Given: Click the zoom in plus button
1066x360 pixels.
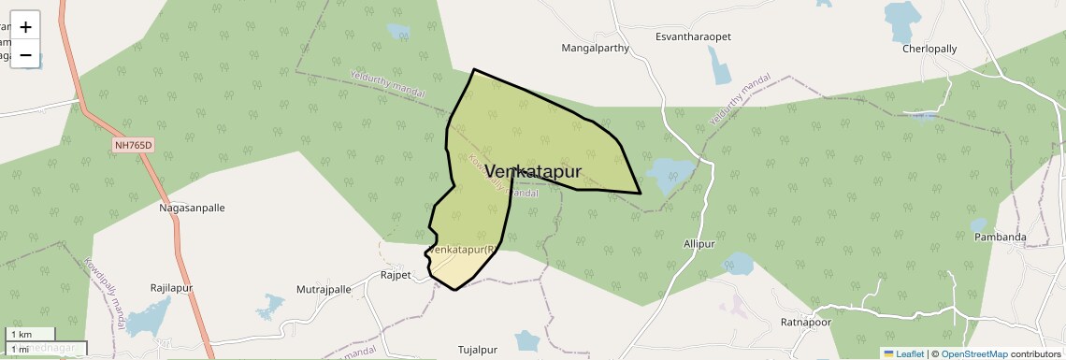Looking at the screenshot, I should pos(25,27).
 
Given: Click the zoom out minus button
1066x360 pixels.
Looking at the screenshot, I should pos(25,54).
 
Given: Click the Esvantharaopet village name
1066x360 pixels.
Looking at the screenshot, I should pos(693,36).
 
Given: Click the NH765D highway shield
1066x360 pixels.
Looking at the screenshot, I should pos(133,145).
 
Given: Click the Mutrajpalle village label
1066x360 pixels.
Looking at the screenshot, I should pos(324,290).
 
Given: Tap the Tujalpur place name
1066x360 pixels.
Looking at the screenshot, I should pos(478,350).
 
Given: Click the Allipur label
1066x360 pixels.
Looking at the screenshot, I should pos(699,243).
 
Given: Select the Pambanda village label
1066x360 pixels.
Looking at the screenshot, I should pos(1001,238).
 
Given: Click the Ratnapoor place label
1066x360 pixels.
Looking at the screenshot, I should pos(805,323).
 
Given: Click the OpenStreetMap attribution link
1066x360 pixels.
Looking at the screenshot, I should pos(974,353).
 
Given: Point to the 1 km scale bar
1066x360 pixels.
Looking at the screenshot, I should pos(31,334).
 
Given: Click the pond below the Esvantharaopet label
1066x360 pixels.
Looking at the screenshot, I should pos(718,65).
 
